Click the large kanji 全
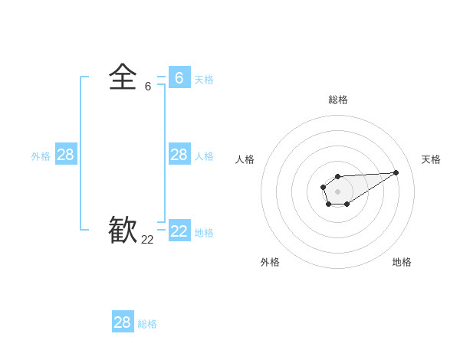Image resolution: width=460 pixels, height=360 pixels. point(123,78)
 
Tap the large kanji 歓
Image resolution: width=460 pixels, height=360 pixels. point(123,231)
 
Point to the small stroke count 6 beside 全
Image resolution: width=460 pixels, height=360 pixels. point(148,87)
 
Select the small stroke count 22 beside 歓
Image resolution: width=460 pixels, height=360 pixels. point(147,240)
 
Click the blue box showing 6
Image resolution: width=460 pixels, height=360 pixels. point(179,78)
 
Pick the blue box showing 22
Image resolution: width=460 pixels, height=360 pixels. point(179,231)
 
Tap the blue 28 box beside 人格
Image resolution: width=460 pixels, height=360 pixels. point(179,155)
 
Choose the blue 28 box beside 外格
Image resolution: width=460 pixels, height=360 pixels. point(65,155)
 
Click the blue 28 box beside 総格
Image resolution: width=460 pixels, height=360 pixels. point(122,322)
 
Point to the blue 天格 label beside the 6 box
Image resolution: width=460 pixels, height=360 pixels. point(204,80)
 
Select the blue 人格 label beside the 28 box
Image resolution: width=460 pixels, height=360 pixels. point(204,156)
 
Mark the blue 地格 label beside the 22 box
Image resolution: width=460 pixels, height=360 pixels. point(204,233)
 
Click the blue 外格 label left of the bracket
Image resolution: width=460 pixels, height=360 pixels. point(41,156)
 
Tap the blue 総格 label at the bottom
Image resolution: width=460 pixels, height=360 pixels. point(147,324)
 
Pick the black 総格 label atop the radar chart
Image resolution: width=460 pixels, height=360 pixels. point(337,100)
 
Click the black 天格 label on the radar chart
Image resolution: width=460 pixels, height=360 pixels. point(431,159)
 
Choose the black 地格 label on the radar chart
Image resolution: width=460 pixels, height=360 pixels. point(402,262)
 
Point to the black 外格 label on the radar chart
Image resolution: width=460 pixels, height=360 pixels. point(270,262)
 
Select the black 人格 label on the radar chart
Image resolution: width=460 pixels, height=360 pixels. point(245,159)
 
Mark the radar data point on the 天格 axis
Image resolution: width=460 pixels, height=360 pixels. point(396,172)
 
